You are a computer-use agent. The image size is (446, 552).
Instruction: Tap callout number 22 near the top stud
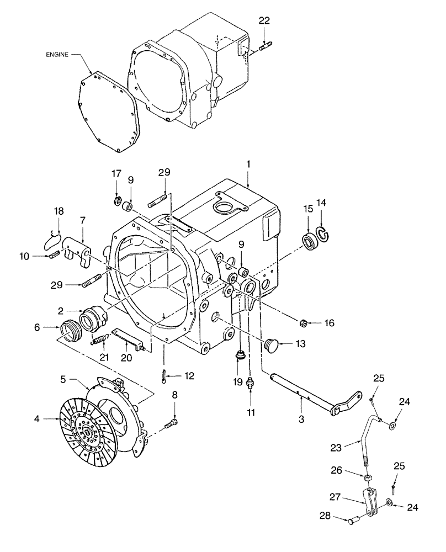(264, 20)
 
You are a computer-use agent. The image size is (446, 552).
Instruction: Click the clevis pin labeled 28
(353, 518)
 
